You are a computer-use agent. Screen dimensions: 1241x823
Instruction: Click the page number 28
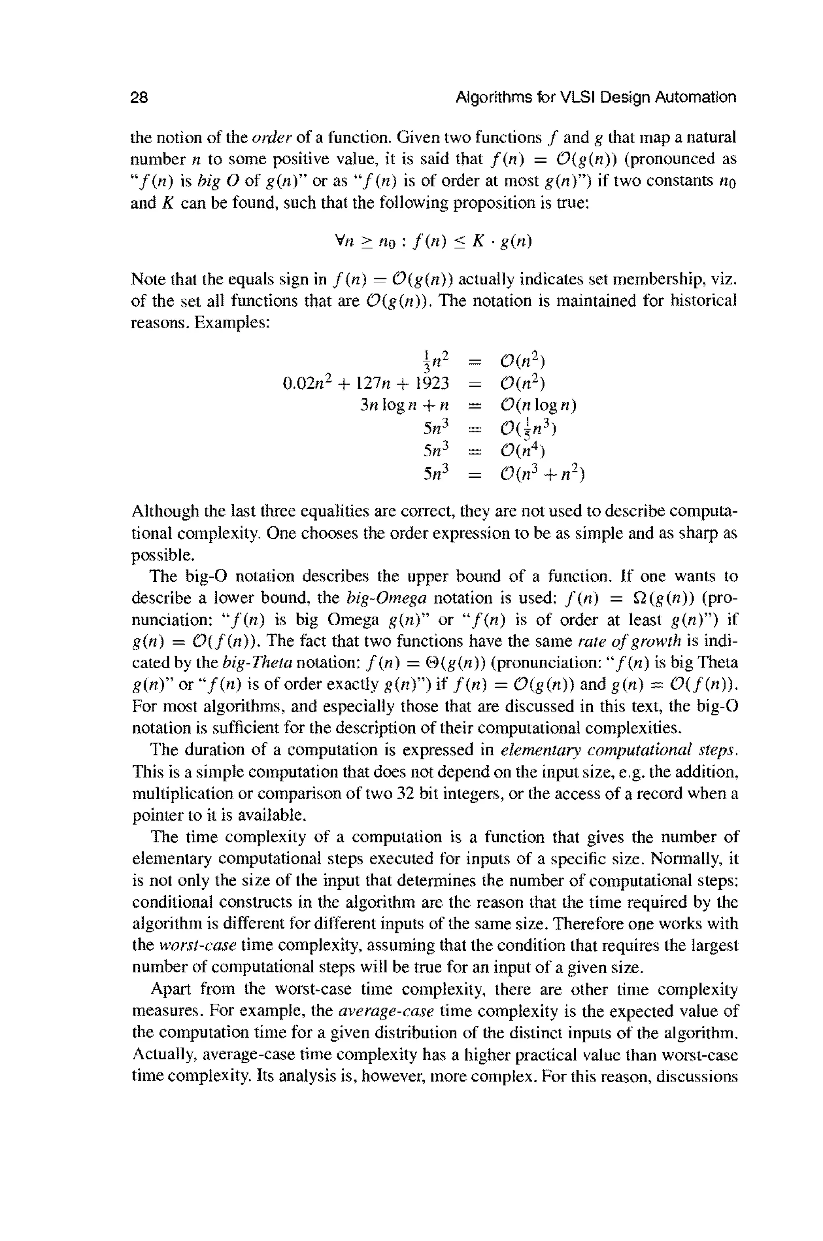pos(139,98)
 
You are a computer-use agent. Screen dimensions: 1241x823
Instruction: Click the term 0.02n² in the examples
pos(304,383)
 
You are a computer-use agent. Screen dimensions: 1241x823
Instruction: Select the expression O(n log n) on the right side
pos(538,406)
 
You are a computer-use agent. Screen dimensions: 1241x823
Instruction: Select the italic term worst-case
pos(197,946)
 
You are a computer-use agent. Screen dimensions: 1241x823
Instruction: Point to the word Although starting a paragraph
pos(164,511)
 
